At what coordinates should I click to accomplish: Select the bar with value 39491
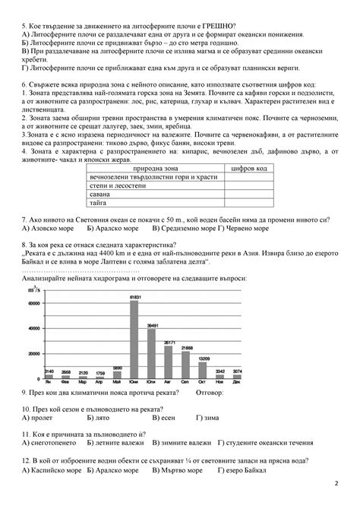(x=151, y=353)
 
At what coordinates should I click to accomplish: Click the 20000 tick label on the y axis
(x=33, y=353)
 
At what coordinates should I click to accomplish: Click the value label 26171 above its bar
(x=169, y=343)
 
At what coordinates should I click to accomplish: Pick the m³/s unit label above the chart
(x=33, y=289)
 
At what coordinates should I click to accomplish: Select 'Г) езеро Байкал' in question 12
(x=248, y=470)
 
